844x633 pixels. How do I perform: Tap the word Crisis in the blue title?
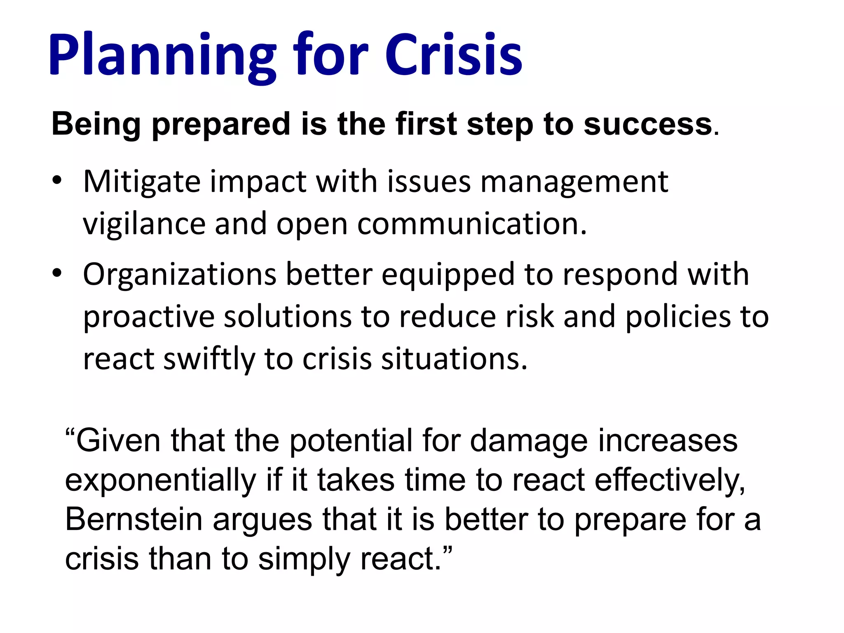tap(453, 56)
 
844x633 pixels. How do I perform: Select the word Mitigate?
tap(142, 182)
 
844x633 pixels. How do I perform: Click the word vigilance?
tap(144, 225)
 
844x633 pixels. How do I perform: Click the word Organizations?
tap(179, 275)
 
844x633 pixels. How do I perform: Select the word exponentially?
tap(161, 481)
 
